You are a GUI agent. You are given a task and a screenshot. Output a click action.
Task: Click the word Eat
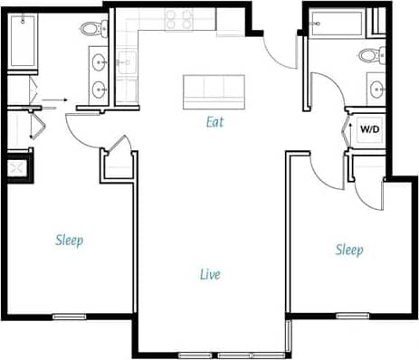(x=214, y=120)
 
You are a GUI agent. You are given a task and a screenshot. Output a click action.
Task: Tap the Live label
(x=210, y=273)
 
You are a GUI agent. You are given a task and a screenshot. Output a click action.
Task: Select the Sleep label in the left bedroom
(x=69, y=240)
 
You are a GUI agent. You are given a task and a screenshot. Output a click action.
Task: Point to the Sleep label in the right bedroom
(x=349, y=250)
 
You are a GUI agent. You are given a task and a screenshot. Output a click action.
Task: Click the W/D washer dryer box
(x=370, y=128)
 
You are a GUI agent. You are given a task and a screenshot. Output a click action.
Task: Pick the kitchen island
(x=214, y=91)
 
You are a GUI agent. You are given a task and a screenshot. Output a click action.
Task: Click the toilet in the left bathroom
(x=93, y=28)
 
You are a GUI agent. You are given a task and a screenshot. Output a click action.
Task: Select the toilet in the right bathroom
(x=369, y=54)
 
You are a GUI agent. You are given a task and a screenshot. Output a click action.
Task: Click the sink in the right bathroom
(x=377, y=88)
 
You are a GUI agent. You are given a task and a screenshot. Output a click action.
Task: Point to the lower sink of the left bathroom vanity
(x=98, y=90)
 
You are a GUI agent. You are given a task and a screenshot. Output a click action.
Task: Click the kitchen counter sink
(x=126, y=62)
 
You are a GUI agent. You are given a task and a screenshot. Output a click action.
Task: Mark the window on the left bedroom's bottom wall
(x=69, y=317)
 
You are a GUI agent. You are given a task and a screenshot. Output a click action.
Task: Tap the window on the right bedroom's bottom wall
(x=352, y=316)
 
